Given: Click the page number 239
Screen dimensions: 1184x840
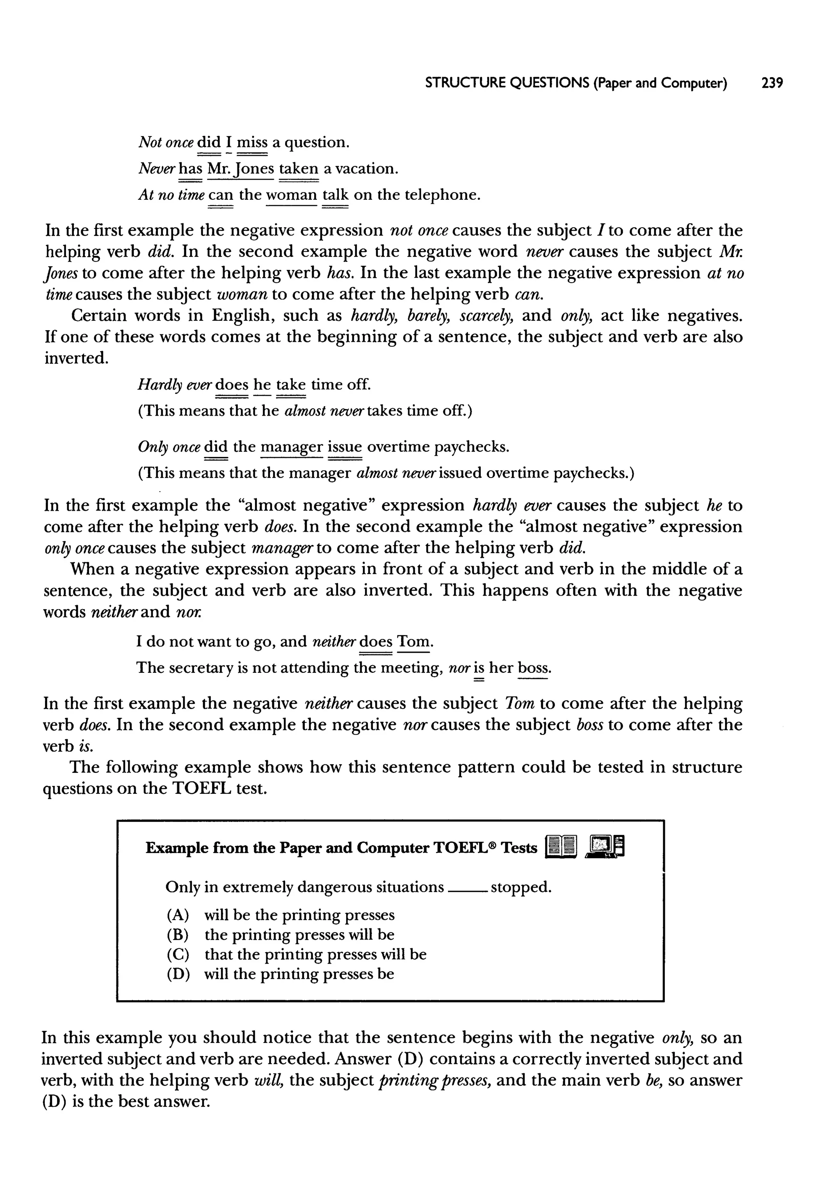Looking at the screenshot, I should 772,83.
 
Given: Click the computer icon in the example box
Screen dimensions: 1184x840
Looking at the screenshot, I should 605,847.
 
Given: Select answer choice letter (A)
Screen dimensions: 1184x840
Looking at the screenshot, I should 178,915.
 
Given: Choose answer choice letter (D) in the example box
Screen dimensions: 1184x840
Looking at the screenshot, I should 178,974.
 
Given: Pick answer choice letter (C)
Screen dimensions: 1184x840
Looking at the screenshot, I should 178,954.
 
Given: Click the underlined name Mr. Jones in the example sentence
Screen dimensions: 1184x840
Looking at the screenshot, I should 240,169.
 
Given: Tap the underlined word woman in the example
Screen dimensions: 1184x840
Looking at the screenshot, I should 291,195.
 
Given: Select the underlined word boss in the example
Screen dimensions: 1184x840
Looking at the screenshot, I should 534,668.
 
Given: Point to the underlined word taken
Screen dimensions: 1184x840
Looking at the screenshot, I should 299,169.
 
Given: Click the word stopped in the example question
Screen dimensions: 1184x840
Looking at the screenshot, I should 521,888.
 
